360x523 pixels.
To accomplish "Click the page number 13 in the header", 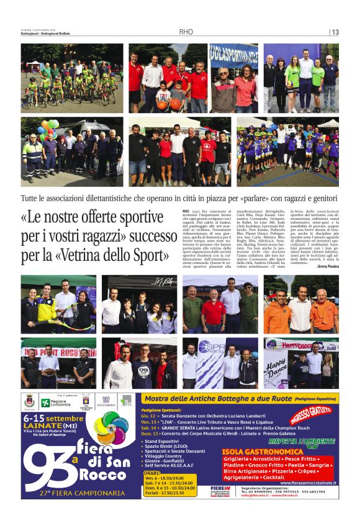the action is (335, 32).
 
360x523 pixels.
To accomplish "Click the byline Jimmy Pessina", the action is (326, 265).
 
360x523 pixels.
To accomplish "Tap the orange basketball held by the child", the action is (163, 104).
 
